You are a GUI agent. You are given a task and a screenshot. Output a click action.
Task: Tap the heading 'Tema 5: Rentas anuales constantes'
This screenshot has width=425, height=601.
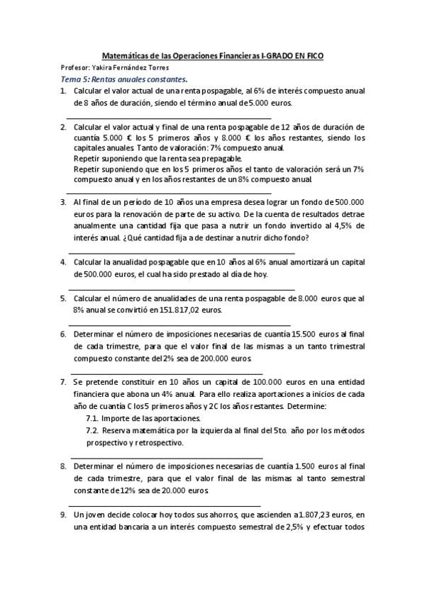[124, 79]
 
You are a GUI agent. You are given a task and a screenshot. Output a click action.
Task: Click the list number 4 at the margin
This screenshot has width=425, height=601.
[64, 262]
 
